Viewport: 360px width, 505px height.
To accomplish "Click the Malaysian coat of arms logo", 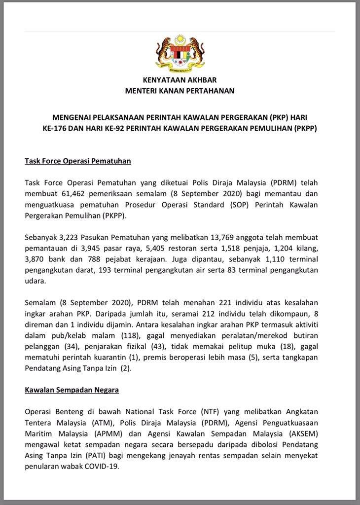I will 180,52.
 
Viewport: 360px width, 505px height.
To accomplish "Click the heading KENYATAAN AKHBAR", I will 180,80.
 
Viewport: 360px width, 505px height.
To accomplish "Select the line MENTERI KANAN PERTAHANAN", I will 180,91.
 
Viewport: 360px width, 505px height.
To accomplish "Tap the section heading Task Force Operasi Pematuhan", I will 77,161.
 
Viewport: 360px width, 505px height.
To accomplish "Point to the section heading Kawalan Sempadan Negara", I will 72,390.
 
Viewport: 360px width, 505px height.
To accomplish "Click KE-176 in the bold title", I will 58,129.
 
